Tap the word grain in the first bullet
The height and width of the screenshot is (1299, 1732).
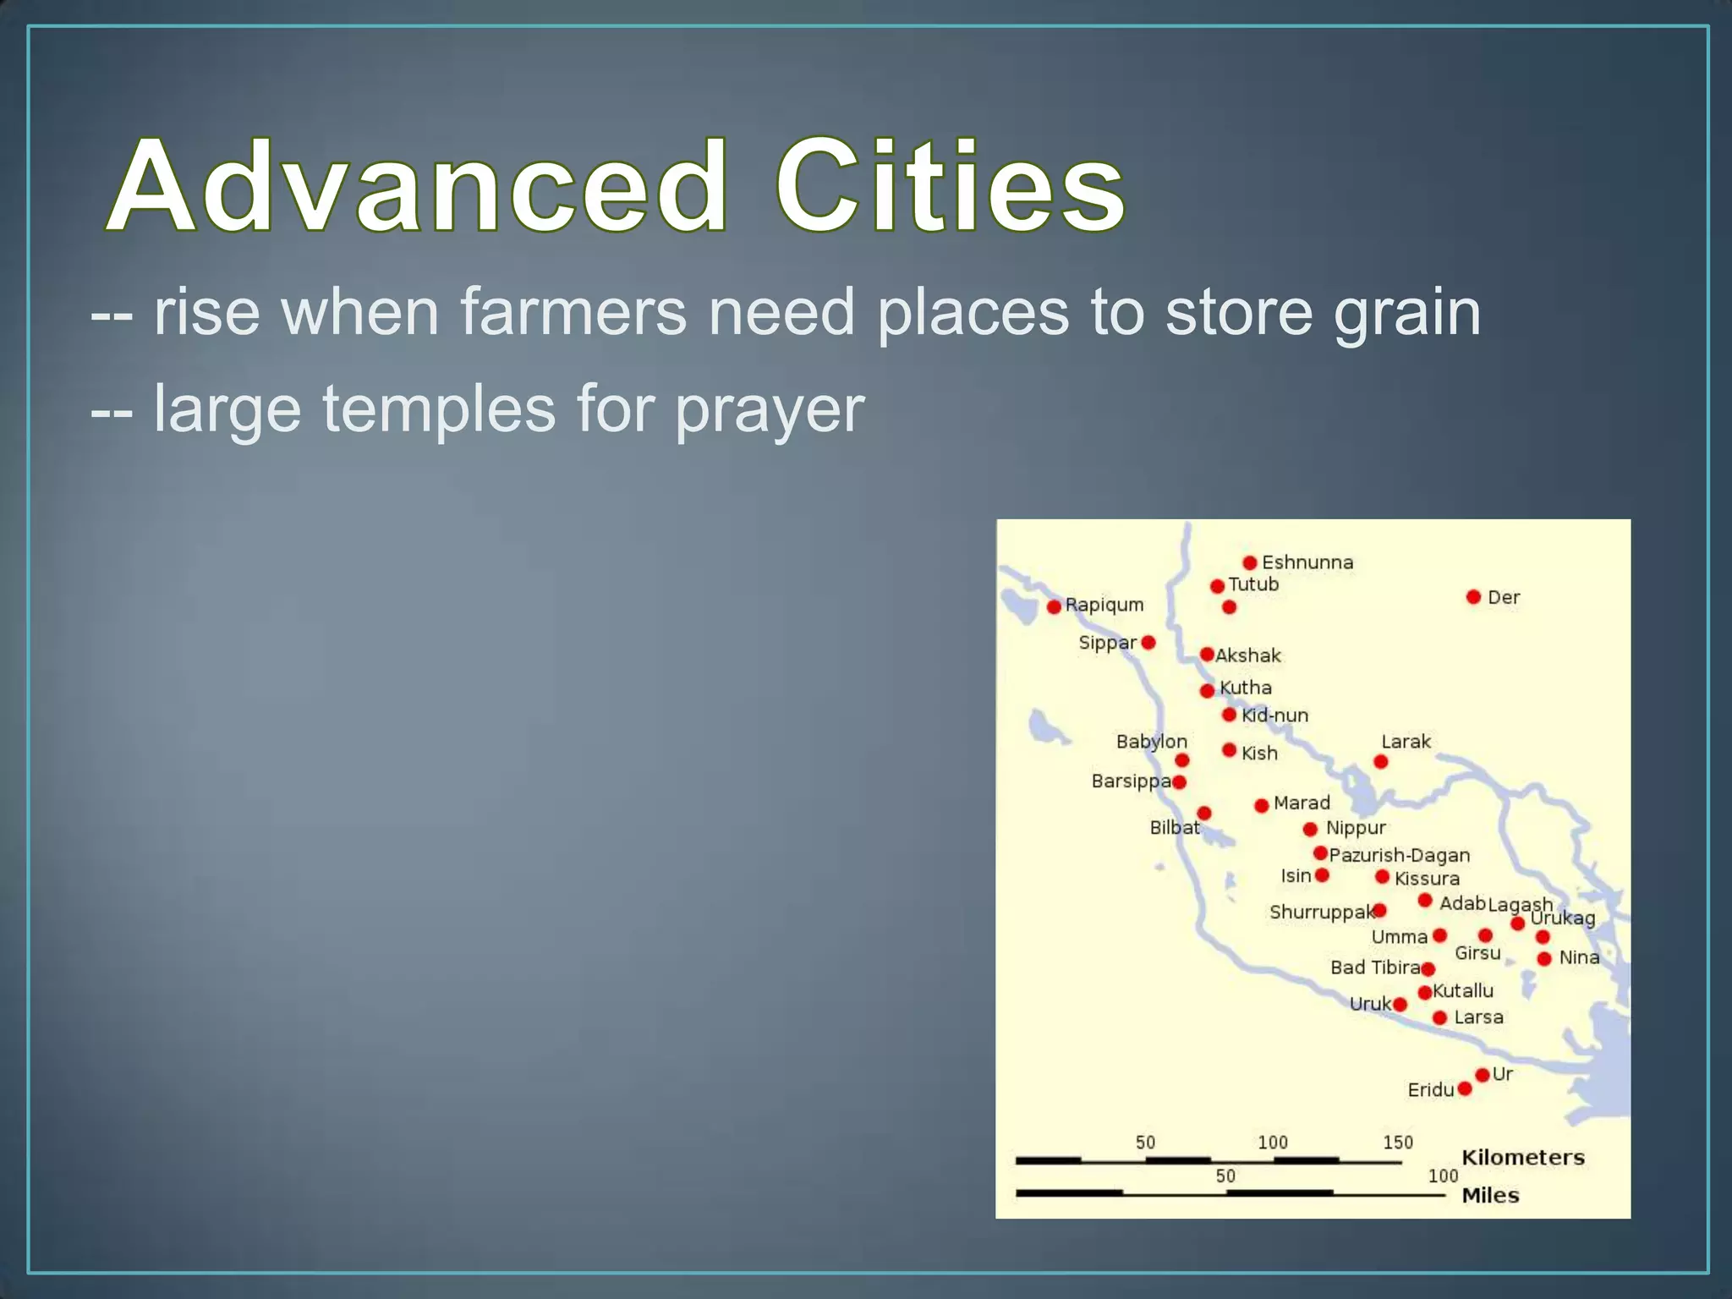(1407, 313)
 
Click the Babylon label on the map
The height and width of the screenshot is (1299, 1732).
(1151, 742)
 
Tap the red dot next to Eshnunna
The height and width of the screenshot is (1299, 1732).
(1250, 562)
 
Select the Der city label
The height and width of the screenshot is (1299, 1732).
(1504, 597)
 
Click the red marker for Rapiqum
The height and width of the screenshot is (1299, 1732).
(1054, 606)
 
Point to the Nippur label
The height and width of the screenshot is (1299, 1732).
(1356, 828)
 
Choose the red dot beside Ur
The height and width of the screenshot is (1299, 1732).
(1483, 1075)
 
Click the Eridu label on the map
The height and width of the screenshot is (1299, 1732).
(1430, 1090)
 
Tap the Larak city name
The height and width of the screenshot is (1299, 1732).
(1406, 742)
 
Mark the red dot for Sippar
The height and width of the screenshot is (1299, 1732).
(1148, 643)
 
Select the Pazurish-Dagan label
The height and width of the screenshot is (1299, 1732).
(1400, 855)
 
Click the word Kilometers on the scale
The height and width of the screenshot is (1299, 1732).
(1522, 1157)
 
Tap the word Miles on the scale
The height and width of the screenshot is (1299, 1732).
(1490, 1195)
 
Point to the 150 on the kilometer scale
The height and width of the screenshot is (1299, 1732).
(1398, 1143)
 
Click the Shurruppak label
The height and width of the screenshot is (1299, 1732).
(1321, 912)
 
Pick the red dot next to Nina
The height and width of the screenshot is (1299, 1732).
(1544, 958)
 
